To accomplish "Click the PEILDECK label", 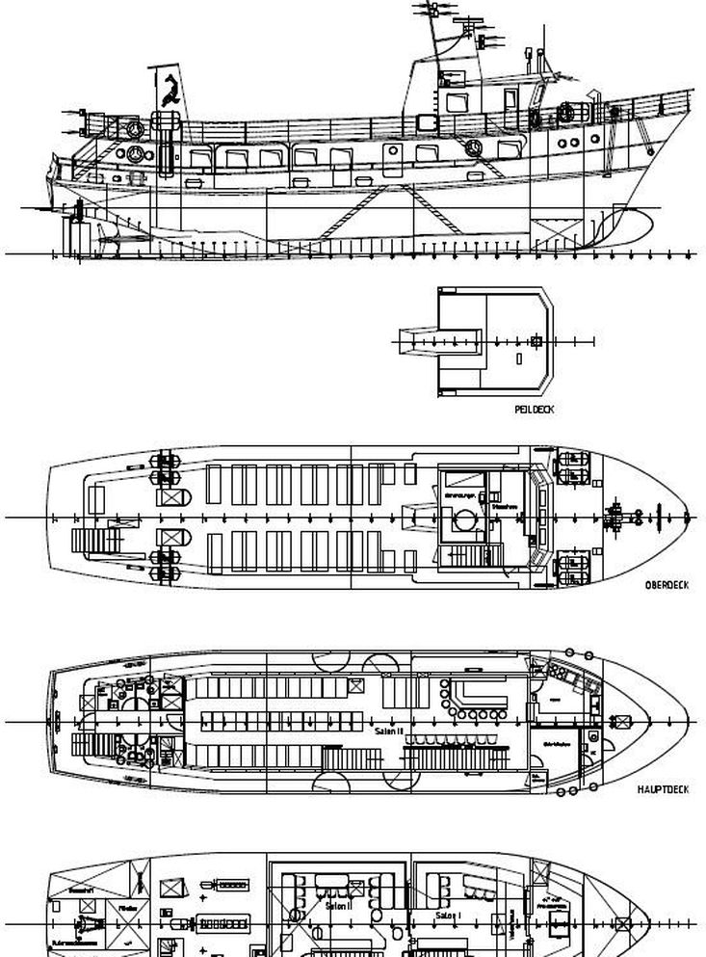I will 536,410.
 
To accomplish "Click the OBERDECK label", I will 665,585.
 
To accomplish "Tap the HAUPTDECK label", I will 663,789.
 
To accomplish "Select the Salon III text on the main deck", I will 388,731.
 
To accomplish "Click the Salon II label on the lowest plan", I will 338,906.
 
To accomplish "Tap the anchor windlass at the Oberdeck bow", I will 615,518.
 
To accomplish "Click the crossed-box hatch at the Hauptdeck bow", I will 617,722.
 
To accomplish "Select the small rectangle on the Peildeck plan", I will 519,359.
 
